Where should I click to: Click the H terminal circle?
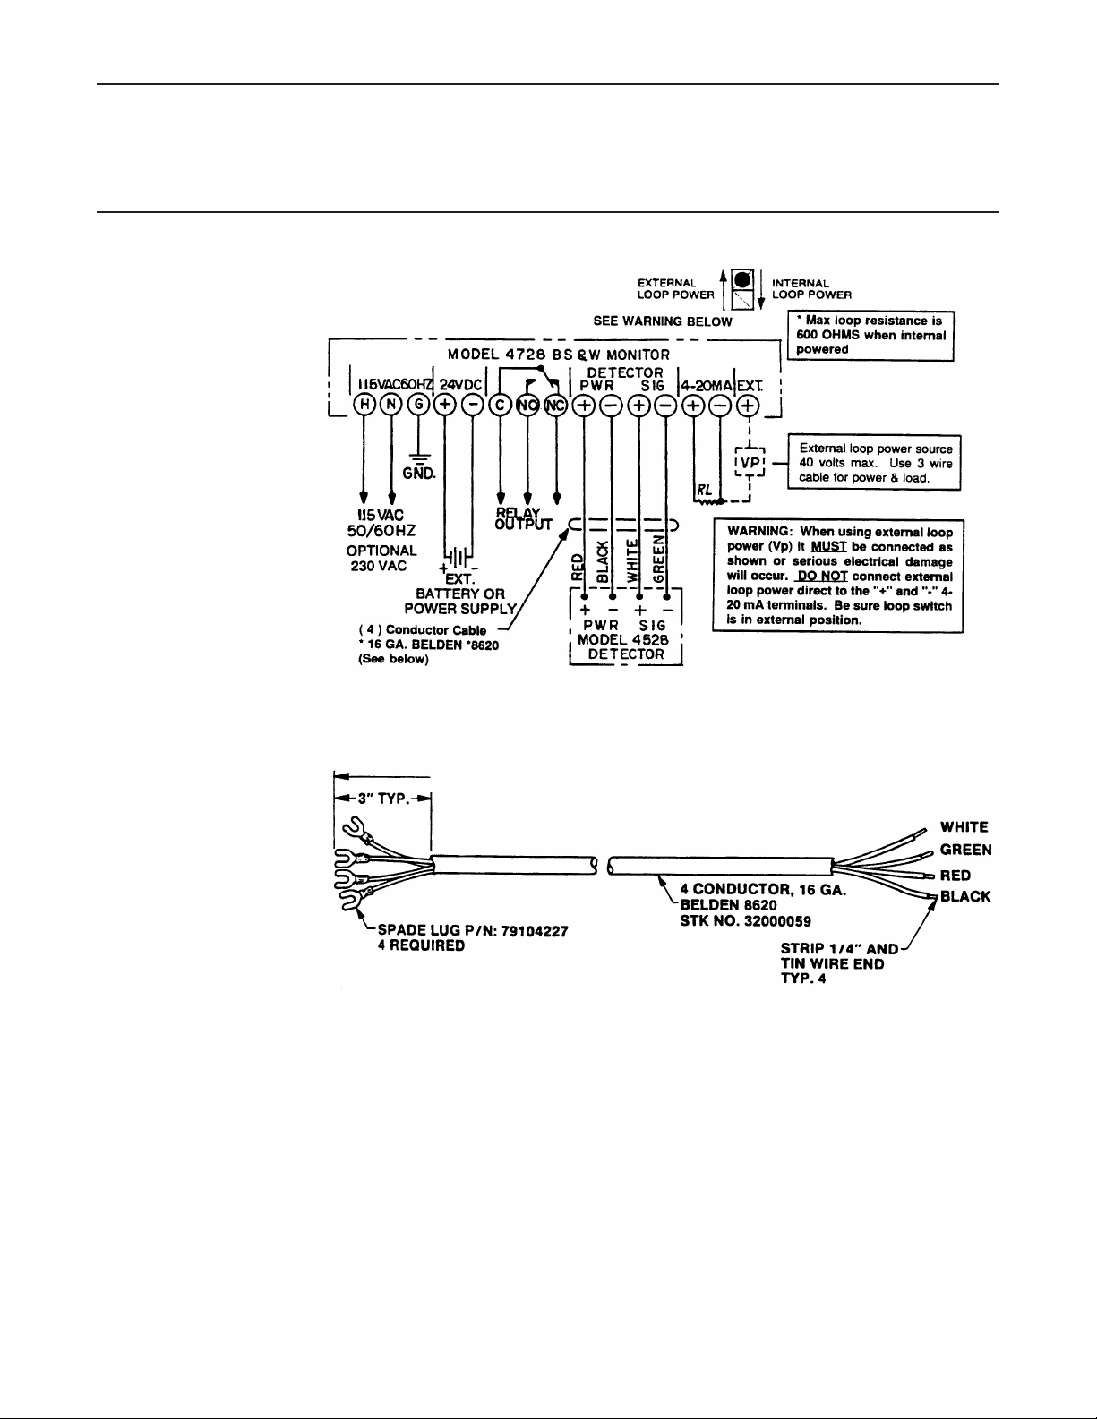point(364,405)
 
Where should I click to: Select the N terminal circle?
point(391,405)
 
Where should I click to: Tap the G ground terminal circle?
point(419,405)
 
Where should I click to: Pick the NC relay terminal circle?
point(556,405)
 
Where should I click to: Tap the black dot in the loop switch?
point(742,278)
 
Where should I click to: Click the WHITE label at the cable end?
point(964,826)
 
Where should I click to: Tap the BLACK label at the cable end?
point(965,897)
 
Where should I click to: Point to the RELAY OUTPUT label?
point(523,517)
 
